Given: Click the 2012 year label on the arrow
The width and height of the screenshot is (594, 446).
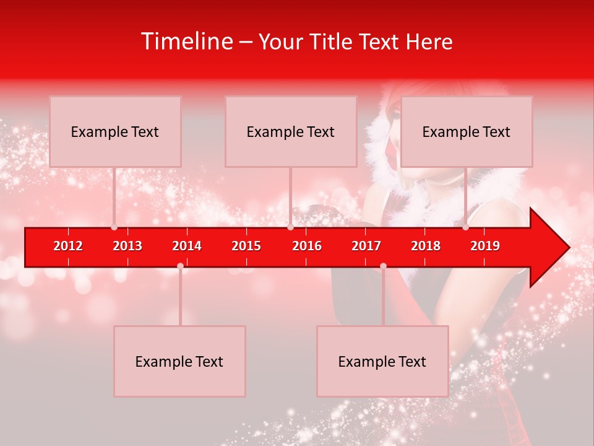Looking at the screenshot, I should coord(68,246).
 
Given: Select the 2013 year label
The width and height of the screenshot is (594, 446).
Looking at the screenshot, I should coord(127,246).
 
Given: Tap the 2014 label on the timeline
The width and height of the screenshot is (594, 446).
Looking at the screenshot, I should coord(187,246).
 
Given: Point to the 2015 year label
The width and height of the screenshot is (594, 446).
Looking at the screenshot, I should coord(246,246).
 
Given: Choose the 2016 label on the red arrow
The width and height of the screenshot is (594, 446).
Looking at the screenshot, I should coord(307,246).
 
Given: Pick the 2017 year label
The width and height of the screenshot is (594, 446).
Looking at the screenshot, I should coord(366,246).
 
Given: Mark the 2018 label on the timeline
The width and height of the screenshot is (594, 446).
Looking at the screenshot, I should coord(426,246).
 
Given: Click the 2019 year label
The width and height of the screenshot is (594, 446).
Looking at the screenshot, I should coord(485,246).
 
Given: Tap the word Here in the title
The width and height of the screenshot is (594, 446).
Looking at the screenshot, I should coord(429,42).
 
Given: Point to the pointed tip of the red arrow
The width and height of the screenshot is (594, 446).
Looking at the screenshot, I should coord(568,248).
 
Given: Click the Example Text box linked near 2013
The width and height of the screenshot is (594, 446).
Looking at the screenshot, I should coord(115,131).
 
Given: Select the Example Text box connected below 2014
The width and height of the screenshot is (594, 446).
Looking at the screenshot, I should coord(179,361).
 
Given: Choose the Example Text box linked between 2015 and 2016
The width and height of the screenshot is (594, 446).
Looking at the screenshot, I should coord(291,131).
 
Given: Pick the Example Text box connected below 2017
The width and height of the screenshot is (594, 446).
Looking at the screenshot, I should coord(382,361).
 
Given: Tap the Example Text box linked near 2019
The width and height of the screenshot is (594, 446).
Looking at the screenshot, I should coord(467,131).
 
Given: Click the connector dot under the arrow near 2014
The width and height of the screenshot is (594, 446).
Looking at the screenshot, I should coord(180,266).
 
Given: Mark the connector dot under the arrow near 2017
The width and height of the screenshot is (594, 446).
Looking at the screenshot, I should coord(383,266).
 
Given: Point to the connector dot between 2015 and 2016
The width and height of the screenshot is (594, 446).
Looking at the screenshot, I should coord(290,227).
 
